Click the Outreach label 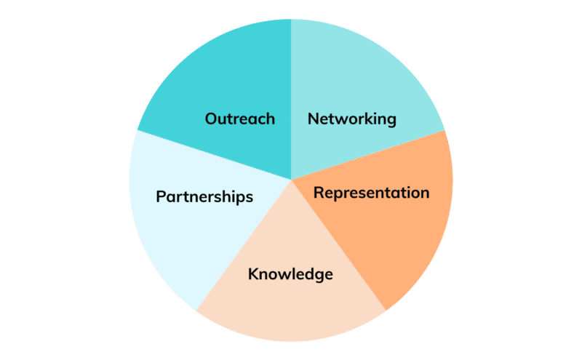click(x=240, y=119)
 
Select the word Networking click(x=352, y=119)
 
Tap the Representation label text click(x=371, y=193)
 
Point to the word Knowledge click(x=290, y=275)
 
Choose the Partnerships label click(x=204, y=197)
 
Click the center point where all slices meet click(x=292, y=180)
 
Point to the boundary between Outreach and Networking click(x=291, y=100)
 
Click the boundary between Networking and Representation click(x=368, y=155)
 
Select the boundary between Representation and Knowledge click(x=339, y=245)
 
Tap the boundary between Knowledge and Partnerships click(x=244, y=245)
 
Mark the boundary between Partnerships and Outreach click(x=214, y=155)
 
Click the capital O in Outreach click(x=211, y=119)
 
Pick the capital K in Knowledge click(x=253, y=274)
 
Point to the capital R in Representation click(x=319, y=193)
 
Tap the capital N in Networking click(x=314, y=119)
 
